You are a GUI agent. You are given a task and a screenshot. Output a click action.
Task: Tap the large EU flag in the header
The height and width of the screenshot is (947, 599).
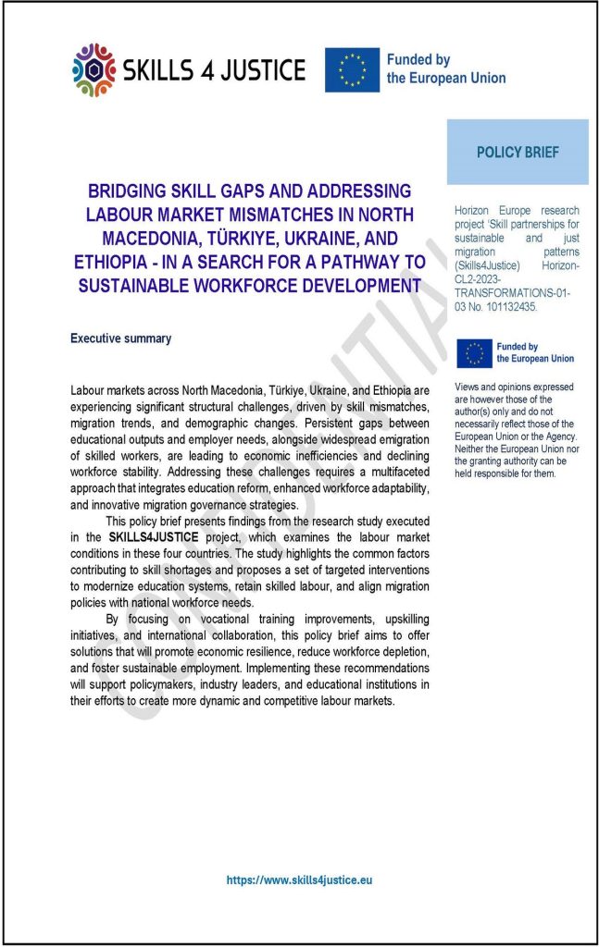point(352,69)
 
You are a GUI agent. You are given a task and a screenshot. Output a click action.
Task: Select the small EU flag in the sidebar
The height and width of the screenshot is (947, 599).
point(474,352)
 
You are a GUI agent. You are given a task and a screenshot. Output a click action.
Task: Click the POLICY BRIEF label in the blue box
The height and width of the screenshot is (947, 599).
point(518,153)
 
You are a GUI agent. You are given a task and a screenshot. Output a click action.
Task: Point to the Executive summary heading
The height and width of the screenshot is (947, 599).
point(120,338)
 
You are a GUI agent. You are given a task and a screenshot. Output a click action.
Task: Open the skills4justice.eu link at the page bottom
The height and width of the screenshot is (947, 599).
point(299,880)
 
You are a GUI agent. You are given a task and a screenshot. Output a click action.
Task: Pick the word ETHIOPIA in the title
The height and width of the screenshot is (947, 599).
point(113,262)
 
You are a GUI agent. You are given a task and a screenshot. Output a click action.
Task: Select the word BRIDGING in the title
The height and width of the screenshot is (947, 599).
point(131,192)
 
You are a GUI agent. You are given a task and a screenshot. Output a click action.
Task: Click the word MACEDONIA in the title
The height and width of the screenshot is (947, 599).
point(122,238)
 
